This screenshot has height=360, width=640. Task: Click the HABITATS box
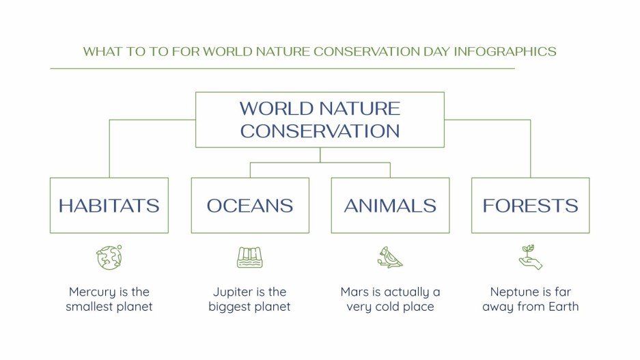pyautogui.click(x=109, y=205)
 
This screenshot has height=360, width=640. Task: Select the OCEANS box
pyautogui.click(x=249, y=205)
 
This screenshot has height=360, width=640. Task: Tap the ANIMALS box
pyautogui.click(x=390, y=205)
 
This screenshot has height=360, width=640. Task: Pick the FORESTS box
pyautogui.click(x=530, y=205)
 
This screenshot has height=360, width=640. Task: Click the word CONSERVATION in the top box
pyautogui.click(x=320, y=131)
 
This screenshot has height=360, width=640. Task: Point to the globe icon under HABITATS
pyautogui.click(x=109, y=257)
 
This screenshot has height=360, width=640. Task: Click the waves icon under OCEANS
pyautogui.click(x=249, y=257)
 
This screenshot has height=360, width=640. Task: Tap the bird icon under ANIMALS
pyautogui.click(x=390, y=257)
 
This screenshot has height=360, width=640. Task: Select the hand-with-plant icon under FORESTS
pyautogui.click(x=530, y=257)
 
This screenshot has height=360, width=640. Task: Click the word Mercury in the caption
pyautogui.click(x=92, y=292)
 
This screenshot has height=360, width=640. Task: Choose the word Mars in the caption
pyautogui.click(x=355, y=292)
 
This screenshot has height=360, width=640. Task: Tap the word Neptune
pyautogui.click(x=513, y=292)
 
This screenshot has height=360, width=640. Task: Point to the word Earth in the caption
pyautogui.click(x=561, y=307)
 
